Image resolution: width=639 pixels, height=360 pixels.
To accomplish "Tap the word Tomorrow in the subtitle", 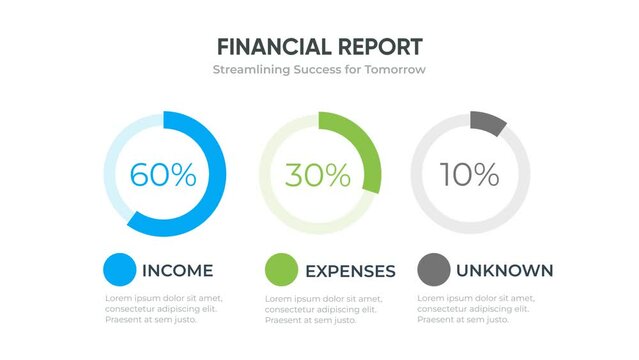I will point(392,70).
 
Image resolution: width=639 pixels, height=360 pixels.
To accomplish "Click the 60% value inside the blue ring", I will point(163,174).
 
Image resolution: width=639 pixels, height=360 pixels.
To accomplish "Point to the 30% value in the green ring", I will point(318,175).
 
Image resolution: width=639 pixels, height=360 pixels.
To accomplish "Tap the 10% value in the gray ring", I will point(470,174).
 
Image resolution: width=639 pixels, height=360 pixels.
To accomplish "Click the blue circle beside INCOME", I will point(119,270).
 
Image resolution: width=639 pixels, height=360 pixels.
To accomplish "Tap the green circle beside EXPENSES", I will point(281,270).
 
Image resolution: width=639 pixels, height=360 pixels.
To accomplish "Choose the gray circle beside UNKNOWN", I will point(433,270).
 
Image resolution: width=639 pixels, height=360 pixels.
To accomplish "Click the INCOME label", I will point(178,270).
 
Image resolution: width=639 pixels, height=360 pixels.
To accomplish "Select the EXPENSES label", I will point(350,271).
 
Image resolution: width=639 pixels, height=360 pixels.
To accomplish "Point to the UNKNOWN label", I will point(504,270).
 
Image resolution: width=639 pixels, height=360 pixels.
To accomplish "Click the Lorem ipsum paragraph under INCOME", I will point(164,309).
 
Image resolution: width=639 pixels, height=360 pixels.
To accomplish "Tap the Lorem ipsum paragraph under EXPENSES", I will point(322,309).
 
